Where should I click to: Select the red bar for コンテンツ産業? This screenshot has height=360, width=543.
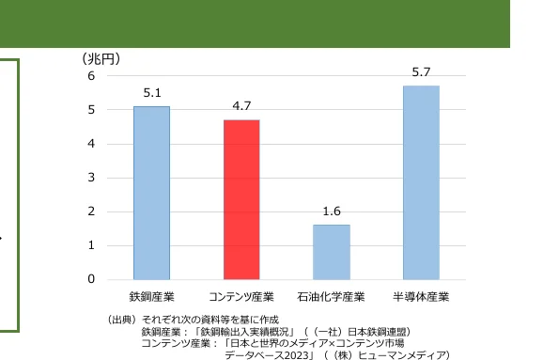click(241, 199)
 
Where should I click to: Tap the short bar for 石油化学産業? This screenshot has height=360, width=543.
click(331, 252)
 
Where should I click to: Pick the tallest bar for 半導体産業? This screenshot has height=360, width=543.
click(421, 182)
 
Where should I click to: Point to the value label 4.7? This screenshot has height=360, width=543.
click(241, 106)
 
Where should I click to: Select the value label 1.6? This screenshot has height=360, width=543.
click(331, 211)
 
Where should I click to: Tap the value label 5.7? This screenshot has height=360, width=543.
click(421, 72)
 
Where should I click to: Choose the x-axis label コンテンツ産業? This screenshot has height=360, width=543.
click(241, 297)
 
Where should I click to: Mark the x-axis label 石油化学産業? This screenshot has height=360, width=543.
click(331, 297)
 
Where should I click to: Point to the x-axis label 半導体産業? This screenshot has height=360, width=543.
click(421, 297)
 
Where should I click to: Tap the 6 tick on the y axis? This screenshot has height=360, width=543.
click(91, 76)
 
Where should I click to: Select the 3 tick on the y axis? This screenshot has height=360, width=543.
click(91, 178)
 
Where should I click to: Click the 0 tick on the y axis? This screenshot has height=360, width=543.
click(91, 279)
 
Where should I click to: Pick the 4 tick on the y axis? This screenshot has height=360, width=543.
click(91, 144)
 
